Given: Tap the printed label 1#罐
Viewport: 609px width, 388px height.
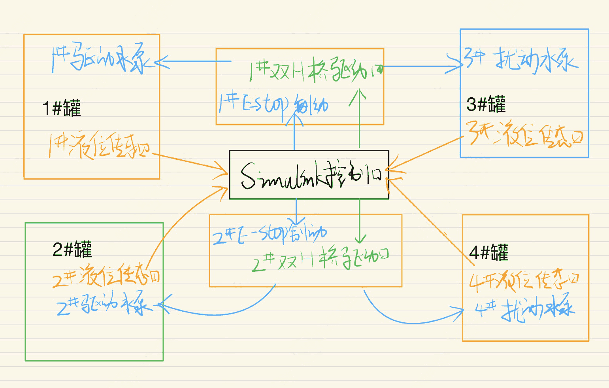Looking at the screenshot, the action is coord(62,108).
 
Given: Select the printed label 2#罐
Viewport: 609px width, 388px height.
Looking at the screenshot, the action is coord(72,249).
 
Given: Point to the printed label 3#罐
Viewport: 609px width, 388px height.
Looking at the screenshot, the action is coord(486,104).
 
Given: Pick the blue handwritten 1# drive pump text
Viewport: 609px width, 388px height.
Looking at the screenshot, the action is coord(101,59).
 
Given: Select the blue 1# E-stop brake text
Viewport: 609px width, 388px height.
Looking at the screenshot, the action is coord(273,105).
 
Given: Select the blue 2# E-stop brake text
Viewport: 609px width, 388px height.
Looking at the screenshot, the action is coord(270,233).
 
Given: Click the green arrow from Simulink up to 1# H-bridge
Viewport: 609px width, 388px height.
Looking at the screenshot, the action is coord(359,119).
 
